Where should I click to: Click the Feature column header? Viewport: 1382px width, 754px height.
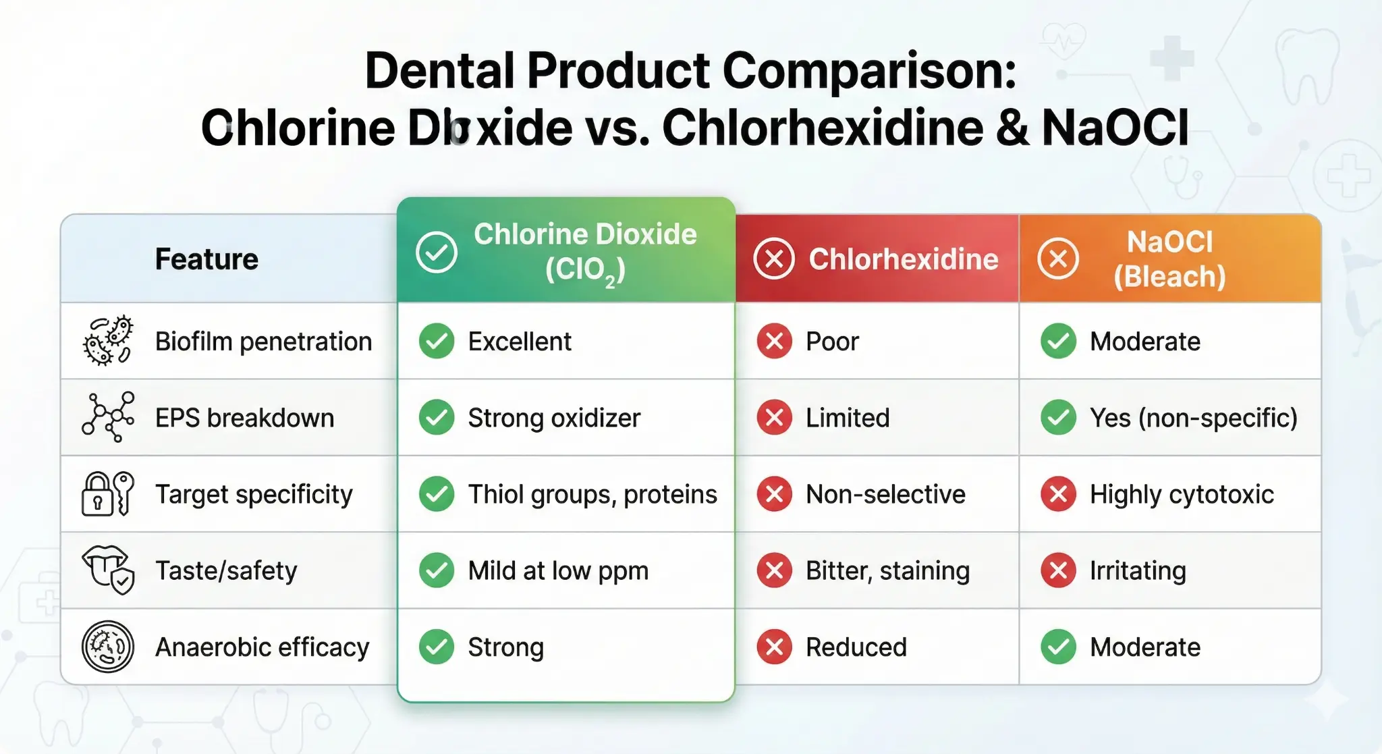(x=206, y=259)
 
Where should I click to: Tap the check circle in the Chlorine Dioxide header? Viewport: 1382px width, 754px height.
(x=437, y=252)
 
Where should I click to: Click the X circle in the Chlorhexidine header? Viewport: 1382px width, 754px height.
(x=774, y=259)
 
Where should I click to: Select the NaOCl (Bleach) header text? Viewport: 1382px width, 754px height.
(x=1169, y=259)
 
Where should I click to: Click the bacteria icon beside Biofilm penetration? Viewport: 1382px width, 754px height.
(x=108, y=341)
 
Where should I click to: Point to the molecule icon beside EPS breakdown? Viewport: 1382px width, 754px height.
(x=108, y=417)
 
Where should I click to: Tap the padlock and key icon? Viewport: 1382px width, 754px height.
(x=108, y=493)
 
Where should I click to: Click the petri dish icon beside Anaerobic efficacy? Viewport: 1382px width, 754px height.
(x=108, y=647)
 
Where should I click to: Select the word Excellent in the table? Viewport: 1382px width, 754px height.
(x=520, y=342)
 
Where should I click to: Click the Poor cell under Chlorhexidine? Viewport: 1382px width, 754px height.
(x=832, y=342)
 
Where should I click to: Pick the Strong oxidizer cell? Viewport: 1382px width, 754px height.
(x=554, y=418)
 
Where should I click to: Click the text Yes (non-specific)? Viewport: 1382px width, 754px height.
(x=1193, y=418)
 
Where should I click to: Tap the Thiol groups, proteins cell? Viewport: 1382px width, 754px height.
(x=592, y=494)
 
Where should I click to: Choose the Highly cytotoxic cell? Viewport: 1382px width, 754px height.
(x=1182, y=494)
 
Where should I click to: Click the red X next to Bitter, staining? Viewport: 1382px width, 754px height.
(x=774, y=570)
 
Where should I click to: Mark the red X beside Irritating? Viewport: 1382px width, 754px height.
(x=1058, y=570)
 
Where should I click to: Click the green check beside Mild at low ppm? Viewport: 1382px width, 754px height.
(x=437, y=570)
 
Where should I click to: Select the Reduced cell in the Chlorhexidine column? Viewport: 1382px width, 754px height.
(x=856, y=647)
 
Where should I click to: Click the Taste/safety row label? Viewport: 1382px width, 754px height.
(x=226, y=571)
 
